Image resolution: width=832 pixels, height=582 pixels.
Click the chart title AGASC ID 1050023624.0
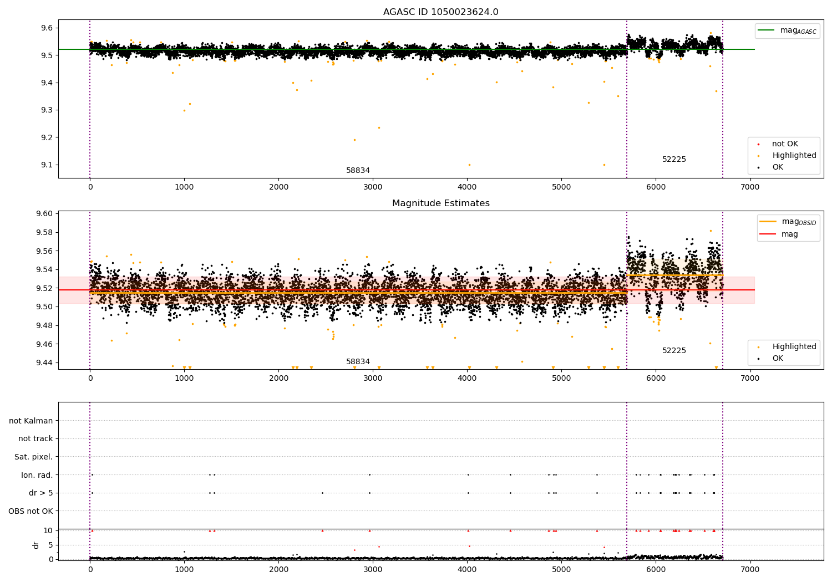440,12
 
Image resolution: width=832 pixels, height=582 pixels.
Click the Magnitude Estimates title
440,203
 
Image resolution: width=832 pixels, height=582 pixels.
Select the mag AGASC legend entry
787,30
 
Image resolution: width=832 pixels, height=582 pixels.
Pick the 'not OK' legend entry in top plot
784,144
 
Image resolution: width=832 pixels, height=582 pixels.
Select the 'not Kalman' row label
31,421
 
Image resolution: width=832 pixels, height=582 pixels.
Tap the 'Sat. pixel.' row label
33,457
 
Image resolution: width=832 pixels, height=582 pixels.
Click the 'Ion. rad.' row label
37,475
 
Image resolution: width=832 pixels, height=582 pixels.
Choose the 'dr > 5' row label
40,493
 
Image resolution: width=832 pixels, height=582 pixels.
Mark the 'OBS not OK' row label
31,511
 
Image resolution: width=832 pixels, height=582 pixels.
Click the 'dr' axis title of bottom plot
36,545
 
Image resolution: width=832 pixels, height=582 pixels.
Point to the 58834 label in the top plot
358,171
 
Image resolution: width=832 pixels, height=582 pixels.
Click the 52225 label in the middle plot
674,351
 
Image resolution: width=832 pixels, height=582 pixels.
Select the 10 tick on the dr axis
48,530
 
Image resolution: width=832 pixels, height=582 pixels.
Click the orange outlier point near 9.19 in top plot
354,140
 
